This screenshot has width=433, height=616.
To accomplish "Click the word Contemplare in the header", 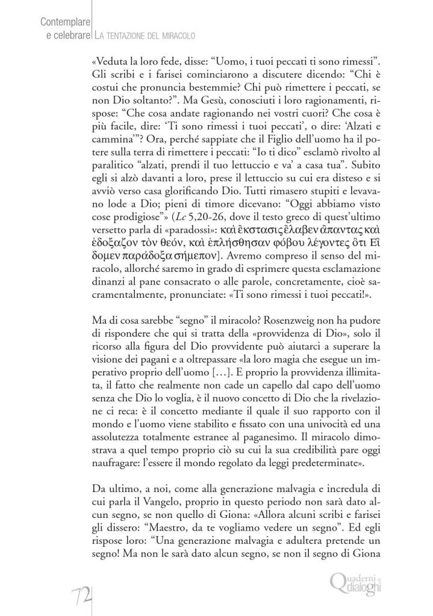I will tap(64, 23).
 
